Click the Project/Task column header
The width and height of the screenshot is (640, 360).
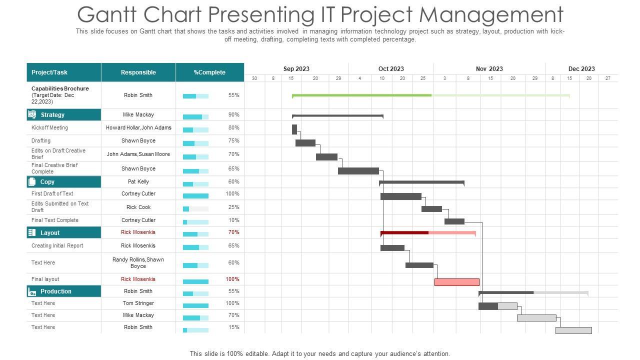(49, 72)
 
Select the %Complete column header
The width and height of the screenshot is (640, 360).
(209, 72)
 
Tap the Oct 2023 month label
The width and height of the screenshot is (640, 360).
(391, 69)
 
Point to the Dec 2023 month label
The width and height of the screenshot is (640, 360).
(581, 69)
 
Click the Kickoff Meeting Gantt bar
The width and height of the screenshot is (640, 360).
(294, 129)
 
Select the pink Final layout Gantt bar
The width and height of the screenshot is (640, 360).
(456, 282)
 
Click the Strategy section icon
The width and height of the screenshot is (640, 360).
(32, 114)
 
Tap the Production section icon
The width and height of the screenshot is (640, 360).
(32, 291)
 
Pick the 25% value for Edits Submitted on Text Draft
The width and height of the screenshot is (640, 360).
(233, 207)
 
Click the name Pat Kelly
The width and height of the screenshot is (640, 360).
(138, 181)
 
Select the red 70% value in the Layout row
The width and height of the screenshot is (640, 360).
(233, 232)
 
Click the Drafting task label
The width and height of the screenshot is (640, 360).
(41, 140)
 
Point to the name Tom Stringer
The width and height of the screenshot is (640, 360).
(138, 303)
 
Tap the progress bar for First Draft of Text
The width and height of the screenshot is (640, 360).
(195, 196)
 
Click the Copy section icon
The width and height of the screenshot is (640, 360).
(32, 181)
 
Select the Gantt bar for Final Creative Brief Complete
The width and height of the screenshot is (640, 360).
(358, 171)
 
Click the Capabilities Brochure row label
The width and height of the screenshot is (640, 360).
(59, 95)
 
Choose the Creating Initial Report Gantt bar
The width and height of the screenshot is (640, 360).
(392, 247)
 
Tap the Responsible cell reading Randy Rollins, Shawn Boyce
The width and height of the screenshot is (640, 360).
(138, 262)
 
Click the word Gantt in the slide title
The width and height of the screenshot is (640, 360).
(106, 14)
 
